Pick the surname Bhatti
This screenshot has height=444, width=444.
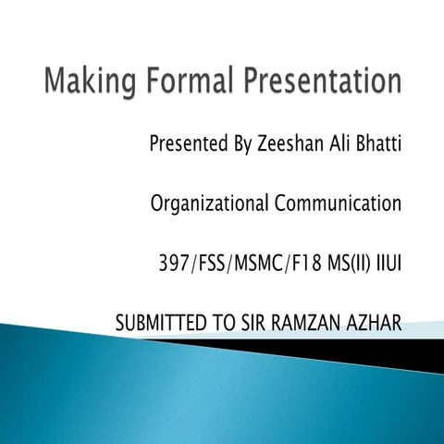[383, 145]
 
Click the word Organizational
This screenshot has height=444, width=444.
[210, 203]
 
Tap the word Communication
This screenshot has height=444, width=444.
[339, 203]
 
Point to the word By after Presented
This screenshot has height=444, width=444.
[240, 146]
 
